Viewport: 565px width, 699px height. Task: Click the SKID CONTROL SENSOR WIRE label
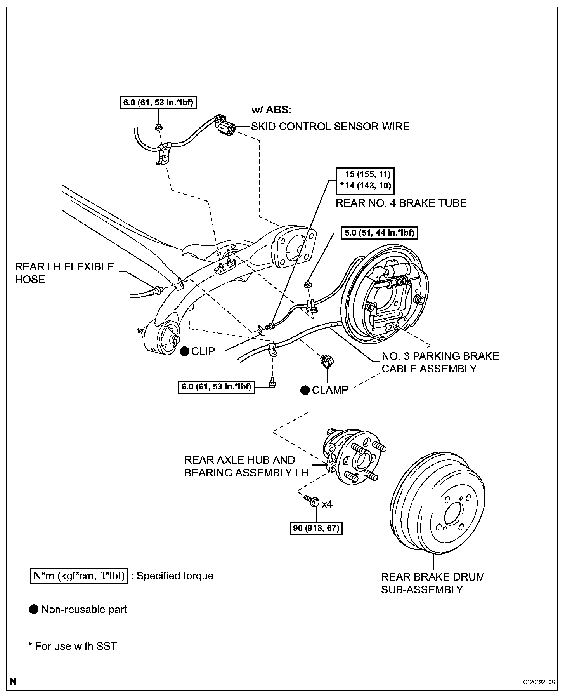point(330,126)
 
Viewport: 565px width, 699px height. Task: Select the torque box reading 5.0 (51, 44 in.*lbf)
point(380,233)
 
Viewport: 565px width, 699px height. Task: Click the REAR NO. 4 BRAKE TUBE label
point(401,203)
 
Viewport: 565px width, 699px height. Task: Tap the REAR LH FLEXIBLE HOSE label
point(64,273)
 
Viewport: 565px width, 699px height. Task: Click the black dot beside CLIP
point(185,351)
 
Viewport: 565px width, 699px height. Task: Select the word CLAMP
point(330,390)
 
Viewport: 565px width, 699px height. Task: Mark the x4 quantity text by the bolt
point(327,504)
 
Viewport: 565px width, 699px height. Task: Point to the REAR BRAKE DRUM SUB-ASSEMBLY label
point(433,583)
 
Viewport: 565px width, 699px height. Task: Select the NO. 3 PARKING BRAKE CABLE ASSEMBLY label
point(440,362)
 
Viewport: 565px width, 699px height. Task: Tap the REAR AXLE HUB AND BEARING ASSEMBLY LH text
point(246,466)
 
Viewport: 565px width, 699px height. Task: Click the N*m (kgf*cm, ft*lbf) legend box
point(79,576)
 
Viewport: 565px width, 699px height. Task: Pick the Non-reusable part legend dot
point(34,609)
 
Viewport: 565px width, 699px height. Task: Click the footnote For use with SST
point(73,646)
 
